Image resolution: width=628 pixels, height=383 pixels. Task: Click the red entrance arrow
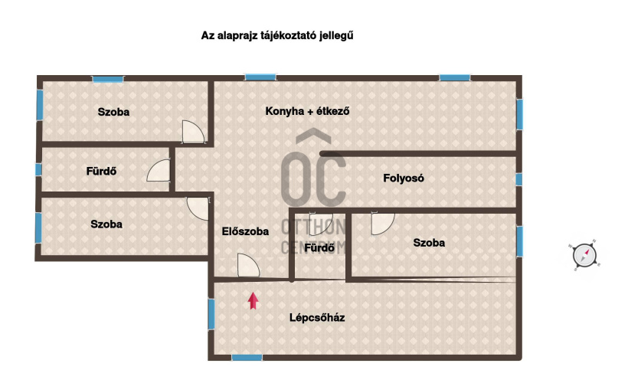(x=253, y=301)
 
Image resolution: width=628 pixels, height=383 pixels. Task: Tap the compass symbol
(x=584, y=255)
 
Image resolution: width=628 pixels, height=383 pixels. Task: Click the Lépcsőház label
(x=317, y=318)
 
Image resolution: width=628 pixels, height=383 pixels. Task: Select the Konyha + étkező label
(x=307, y=111)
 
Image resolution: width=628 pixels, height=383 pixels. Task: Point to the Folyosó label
(x=404, y=178)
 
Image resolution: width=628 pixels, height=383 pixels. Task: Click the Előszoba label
(x=245, y=231)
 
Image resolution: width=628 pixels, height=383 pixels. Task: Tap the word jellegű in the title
(x=336, y=36)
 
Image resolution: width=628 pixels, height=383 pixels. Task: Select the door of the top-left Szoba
(x=194, y=132)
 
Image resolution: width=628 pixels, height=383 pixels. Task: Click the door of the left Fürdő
(x=159, y=170)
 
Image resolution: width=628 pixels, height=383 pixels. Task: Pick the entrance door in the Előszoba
(x=248, y=265)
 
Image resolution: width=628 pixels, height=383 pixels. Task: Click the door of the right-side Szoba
(x=383, y=224)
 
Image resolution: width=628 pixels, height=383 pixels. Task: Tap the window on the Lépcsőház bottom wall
(x=247, y=358)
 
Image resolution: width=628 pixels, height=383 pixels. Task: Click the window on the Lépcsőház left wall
(x=211, y=314)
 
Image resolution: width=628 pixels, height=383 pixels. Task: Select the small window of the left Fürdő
(x=38, y=169)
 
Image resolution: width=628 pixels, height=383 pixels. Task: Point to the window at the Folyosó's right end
(x=519, y=179)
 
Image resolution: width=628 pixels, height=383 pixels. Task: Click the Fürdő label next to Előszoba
(x=319, y=247)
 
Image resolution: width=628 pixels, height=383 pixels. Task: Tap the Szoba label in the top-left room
(x=113, y=112)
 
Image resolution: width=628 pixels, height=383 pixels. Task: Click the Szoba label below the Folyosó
(x=429, y=242)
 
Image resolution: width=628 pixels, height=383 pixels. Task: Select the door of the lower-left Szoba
(x=198, y=208)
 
